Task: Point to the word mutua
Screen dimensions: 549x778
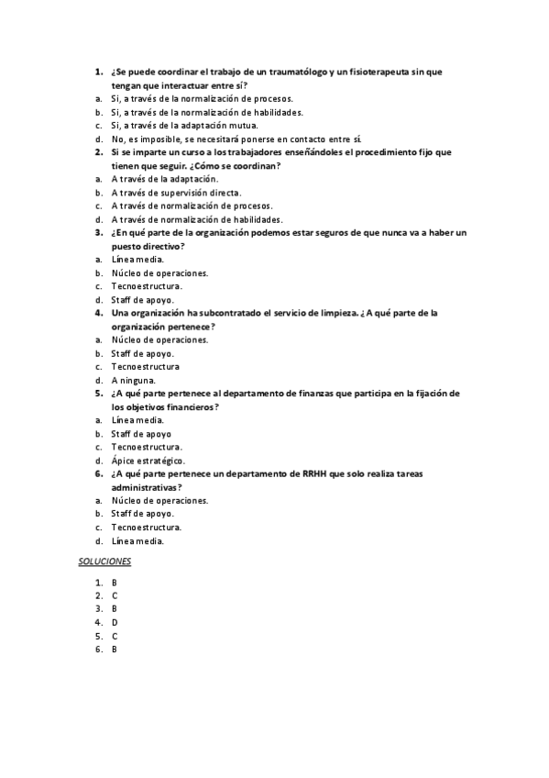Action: coord(243,125)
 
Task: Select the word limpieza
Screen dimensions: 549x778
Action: coord(337,313)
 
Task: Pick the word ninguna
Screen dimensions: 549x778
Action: coord(137,380)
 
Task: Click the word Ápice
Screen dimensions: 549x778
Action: coord(124,460)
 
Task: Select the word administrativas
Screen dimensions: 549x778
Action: coord(144,487)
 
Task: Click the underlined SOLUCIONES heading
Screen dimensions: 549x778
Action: coord(105,560)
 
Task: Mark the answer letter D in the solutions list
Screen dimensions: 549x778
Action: coord(115,622)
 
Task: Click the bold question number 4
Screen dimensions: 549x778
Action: coord(98,313)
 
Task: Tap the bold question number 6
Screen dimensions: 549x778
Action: coord(98,473)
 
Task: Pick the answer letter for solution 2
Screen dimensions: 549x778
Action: coord(115,595)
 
